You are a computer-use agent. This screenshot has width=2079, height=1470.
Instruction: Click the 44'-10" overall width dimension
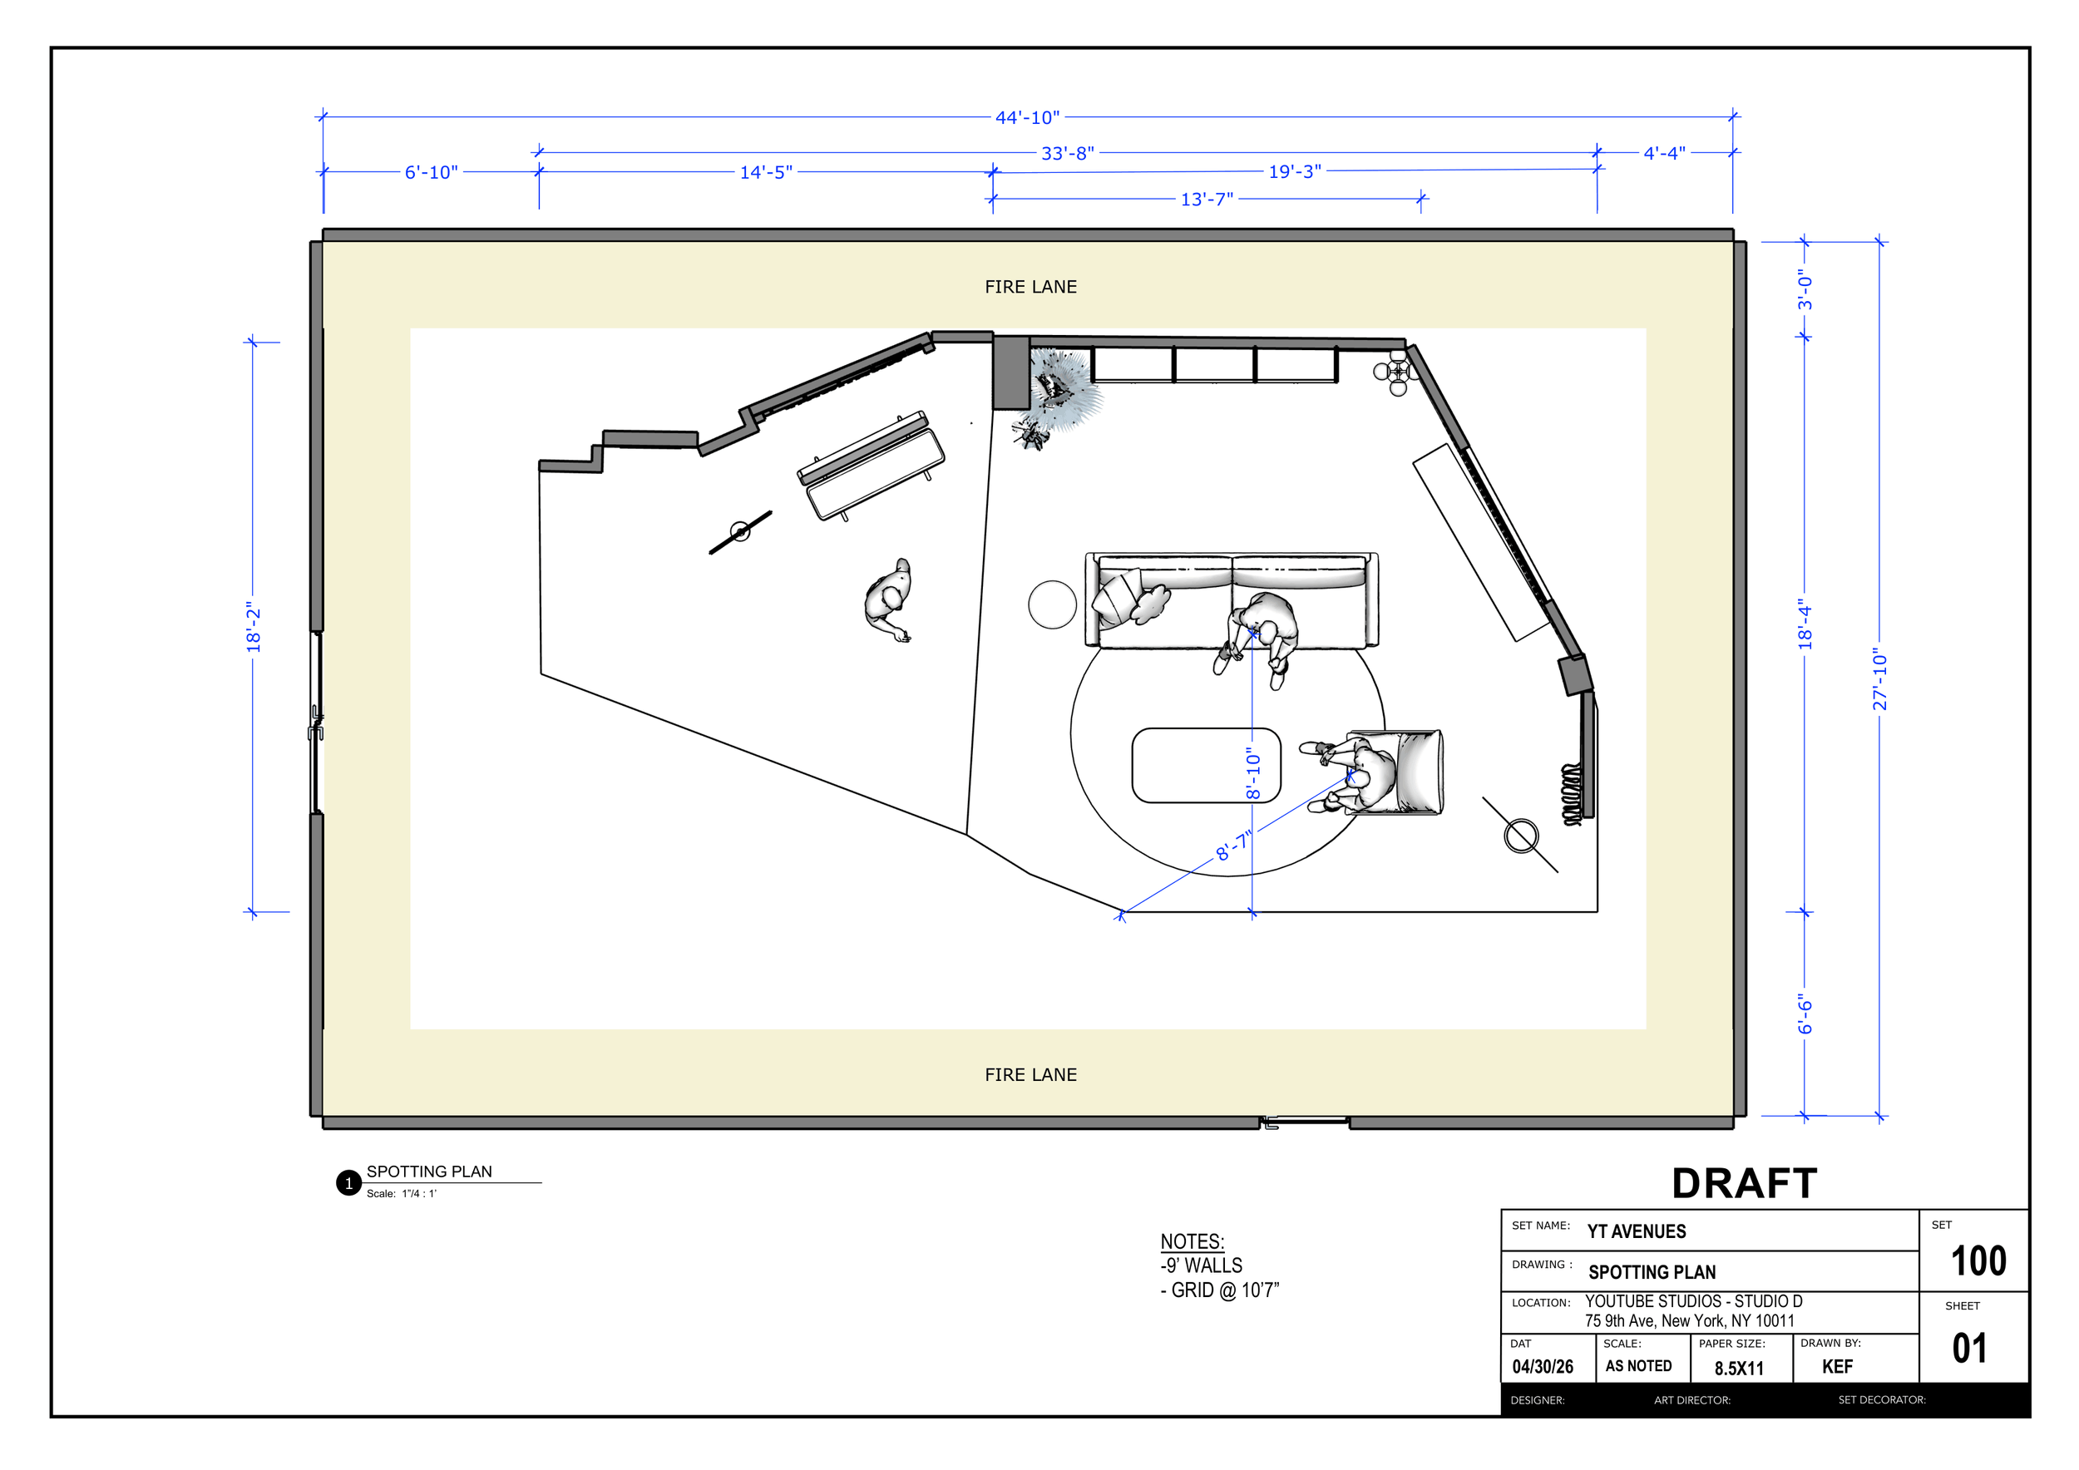coord(1027,118)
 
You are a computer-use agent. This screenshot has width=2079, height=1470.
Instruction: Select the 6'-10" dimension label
coord(431,172)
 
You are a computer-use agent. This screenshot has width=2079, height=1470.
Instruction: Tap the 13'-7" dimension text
coord(1206,200)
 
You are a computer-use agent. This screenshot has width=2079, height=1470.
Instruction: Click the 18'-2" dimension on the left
coord(254,626)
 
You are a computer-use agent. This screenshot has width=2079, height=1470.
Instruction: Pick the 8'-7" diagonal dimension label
coord(1233,846)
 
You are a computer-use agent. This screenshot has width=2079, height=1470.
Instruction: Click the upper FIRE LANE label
coord(1030,287)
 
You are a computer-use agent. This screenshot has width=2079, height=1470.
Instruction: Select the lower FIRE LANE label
coord(1030,1074)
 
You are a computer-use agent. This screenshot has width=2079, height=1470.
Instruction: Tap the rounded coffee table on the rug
coord(1206,765)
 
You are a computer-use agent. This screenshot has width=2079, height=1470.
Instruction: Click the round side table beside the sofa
coord(1052,604)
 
